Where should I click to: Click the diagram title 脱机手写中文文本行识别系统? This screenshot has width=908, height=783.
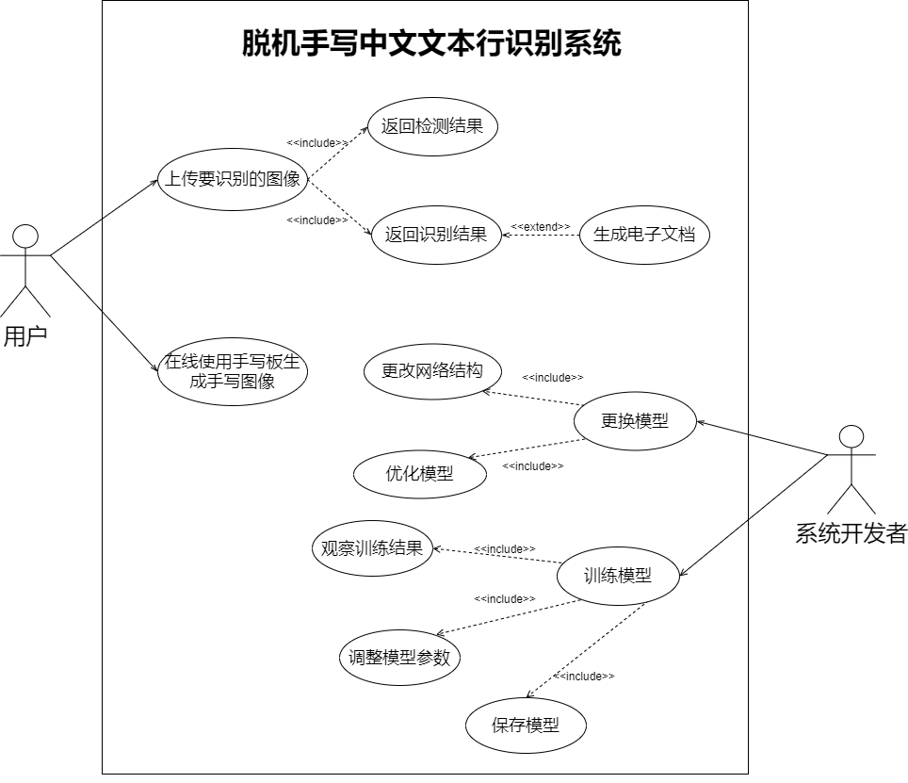point(431,43)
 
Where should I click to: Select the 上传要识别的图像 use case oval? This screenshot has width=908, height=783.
point(233,179)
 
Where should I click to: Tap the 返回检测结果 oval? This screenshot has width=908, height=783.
point(432,125)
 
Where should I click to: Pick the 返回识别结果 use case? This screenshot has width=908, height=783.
point(436,235)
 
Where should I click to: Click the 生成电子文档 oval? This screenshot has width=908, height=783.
point(644,235)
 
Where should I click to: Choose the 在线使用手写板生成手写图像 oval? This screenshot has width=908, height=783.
point(233,372)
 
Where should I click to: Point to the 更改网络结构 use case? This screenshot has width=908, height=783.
point(432,371)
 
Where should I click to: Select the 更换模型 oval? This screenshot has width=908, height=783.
point(635,421)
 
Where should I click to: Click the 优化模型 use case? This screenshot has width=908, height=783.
point(420,474)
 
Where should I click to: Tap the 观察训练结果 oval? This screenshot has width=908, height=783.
point(372,548)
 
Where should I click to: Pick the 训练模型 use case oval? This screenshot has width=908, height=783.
point(618,576)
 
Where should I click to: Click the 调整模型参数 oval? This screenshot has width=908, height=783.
point(400,658)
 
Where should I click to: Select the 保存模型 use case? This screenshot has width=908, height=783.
point(526,726)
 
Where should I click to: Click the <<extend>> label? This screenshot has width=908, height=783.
point(541,226)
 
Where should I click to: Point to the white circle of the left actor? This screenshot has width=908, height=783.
point(25,237)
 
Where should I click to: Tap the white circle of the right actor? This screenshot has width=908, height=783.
point(851,436)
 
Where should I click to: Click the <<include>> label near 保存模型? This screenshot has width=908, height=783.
point(584,677)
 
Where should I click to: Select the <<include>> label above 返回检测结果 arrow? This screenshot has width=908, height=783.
point(317,143)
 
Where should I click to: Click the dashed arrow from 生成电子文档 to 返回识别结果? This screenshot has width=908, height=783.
point(541,235)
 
